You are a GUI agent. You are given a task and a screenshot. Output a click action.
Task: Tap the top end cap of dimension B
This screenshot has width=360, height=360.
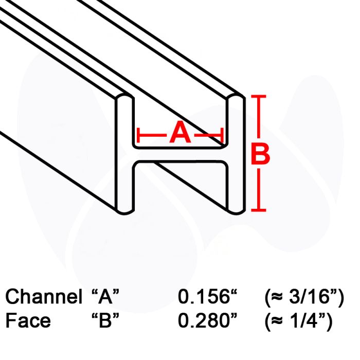(259, 97)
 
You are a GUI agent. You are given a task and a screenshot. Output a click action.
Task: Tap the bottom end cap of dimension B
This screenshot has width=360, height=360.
(259, 210)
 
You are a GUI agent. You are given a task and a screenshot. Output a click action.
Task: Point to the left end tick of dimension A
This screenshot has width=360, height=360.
(138, 135)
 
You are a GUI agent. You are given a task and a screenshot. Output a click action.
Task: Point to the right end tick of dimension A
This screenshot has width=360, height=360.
(222, 135)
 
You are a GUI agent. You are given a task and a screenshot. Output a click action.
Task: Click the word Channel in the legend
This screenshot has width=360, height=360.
(44, 296)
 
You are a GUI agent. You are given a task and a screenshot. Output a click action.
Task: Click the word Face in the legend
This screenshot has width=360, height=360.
(28, 320)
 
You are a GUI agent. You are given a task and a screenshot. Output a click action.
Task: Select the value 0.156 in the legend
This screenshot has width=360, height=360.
(204, 296)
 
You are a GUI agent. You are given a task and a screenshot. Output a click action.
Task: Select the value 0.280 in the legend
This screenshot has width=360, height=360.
(204, 320)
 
